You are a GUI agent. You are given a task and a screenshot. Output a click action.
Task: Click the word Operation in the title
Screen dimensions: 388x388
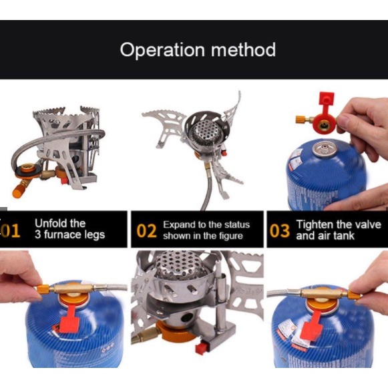pyautogui.click(x=162, y=50)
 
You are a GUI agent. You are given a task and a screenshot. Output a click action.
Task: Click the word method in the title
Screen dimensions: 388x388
pyautogui.click(x=243, y=49)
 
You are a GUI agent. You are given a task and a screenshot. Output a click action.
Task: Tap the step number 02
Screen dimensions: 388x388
pyautogui.click(x=146, y=230)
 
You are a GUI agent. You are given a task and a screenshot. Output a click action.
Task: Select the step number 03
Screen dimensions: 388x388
pyautogui.click(x=280, y=230)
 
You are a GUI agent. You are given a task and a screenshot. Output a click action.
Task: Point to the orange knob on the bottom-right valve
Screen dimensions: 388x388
pyautogui.click(x=355, y=295)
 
